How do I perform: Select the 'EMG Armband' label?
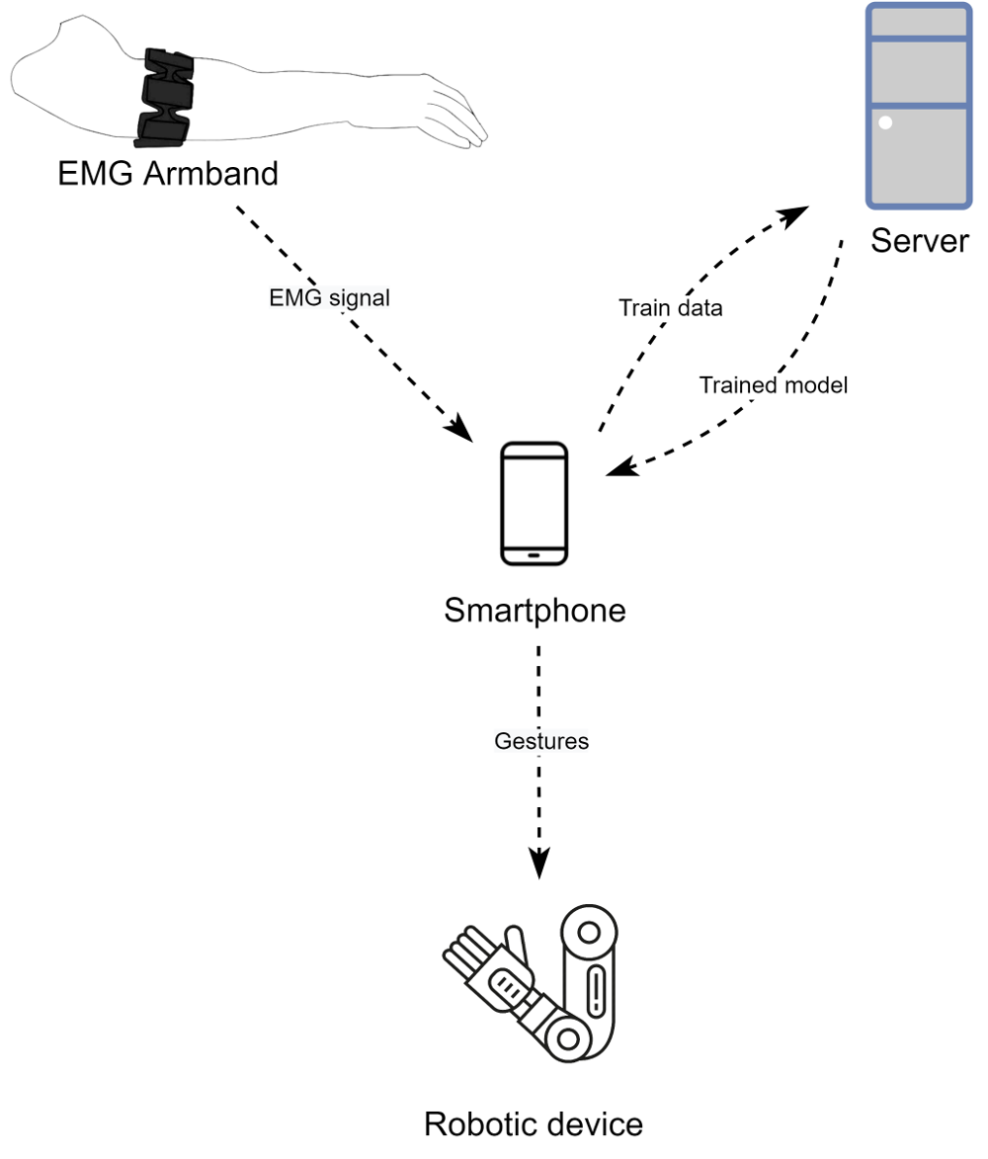[x=167, y=175]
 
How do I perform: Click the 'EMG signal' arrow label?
[x=330, y=297]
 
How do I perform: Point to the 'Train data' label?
[x=671, y=307]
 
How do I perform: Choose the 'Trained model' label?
[x=774, y=385]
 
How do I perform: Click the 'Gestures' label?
[x=540, y=740]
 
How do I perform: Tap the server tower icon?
[x=917, y=106]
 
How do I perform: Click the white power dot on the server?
[x=885, y=124]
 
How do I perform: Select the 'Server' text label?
[x=919, y=240]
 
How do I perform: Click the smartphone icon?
[x=535, y=504]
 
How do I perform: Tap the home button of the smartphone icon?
[x=535, y=554]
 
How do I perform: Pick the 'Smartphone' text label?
[x=535, y=610]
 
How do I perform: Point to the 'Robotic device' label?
[x=534, y=1123]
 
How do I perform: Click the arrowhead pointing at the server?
[x=795, y=214]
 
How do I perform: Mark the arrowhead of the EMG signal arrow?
[x=460, y=432]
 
